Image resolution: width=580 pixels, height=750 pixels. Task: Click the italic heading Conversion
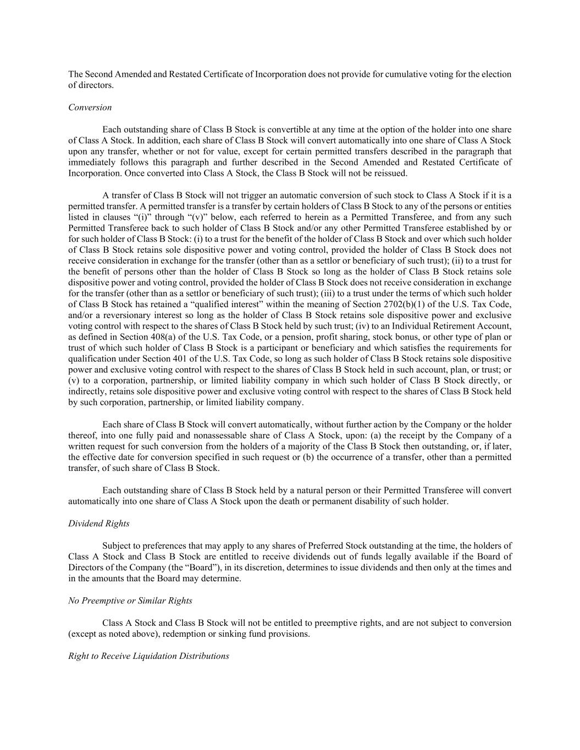click(x=90, y=107)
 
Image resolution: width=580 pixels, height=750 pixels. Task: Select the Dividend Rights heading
click(x=99, y=523)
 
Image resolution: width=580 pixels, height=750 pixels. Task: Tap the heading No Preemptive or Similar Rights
click(x=130, y=601)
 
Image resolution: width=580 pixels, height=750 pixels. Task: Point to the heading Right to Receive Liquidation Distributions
click(x=148, y=656)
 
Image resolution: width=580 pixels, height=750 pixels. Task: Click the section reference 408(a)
click(x=165, y=337)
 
